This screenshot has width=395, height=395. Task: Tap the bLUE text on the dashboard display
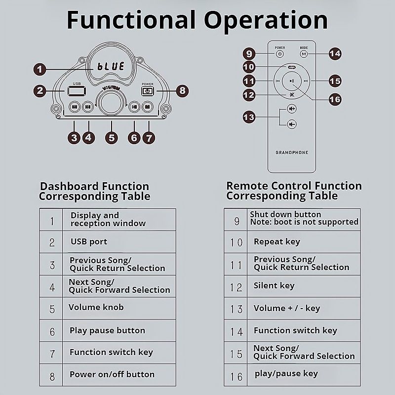pyautogui.click(x=111, y=66)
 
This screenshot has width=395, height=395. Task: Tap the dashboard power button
pyautogui.click(x=148, y=91)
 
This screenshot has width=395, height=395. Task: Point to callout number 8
pyautogui.click(x=182, y=90)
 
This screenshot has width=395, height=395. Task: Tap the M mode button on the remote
pyautogui.click(x=304, y=54)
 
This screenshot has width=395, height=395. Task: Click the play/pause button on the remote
pyautogui.click(x=292, y=81)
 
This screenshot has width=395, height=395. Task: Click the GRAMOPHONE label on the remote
pyautogui.click(x=292, y=153)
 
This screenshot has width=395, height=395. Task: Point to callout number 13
pyautogui.click(x=249, y=117)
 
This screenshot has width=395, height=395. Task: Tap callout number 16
pyautogui.click(x=335, y=99)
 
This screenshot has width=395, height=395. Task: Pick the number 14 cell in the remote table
pyautogui.click(x=237, y=331)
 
